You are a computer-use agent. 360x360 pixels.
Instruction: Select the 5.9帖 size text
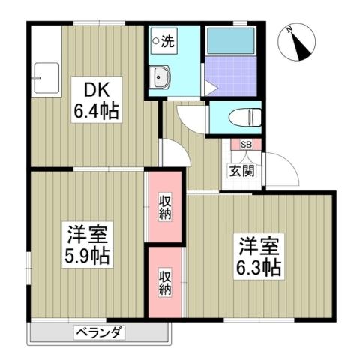click(x=86, y=255)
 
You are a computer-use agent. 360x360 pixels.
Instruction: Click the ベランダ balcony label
click(x=99, y=332)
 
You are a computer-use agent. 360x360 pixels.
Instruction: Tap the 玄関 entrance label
click(x=241, y=169)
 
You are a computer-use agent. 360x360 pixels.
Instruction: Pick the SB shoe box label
click(x=245, y=145)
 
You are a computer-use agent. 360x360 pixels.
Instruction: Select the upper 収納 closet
click(x=165, y=205)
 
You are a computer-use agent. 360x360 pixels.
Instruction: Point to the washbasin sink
click(x=160, y=77)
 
